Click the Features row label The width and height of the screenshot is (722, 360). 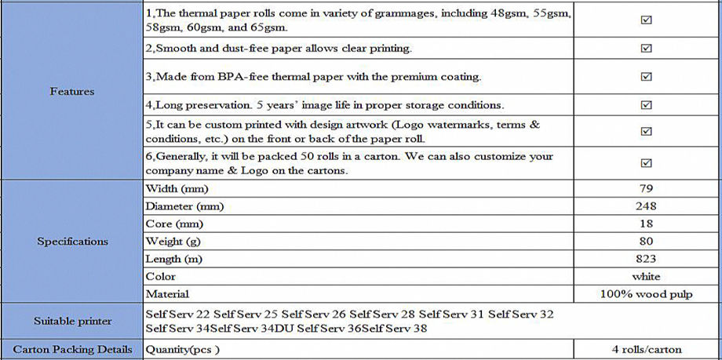(72, 92)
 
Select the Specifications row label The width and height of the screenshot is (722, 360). (72, 242)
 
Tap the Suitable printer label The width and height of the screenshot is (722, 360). (72, 321)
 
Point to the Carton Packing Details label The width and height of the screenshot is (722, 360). (72, 349)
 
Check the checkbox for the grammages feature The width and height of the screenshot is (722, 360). (647, 20)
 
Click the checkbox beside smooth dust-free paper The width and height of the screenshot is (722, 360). (647, 49)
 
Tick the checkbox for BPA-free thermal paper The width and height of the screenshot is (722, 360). (647, 77)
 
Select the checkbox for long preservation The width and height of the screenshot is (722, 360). (647, 104)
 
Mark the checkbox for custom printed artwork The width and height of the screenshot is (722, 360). (647, 132)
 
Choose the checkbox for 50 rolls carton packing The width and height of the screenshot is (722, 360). (647, 163)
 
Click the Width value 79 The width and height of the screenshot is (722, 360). (647, 189)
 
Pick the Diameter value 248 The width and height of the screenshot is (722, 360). (647, 206)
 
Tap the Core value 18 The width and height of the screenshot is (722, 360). (647, 224)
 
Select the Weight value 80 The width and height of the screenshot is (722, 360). (647, 242)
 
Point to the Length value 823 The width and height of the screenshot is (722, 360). (647, 259)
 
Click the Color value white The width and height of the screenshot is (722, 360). (647, 276)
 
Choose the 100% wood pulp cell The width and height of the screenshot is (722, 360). (647, 294)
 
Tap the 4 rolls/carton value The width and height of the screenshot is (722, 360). (647, 349)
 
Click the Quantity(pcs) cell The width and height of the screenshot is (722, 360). (183, 349)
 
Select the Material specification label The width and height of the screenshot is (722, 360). (167, 294)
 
